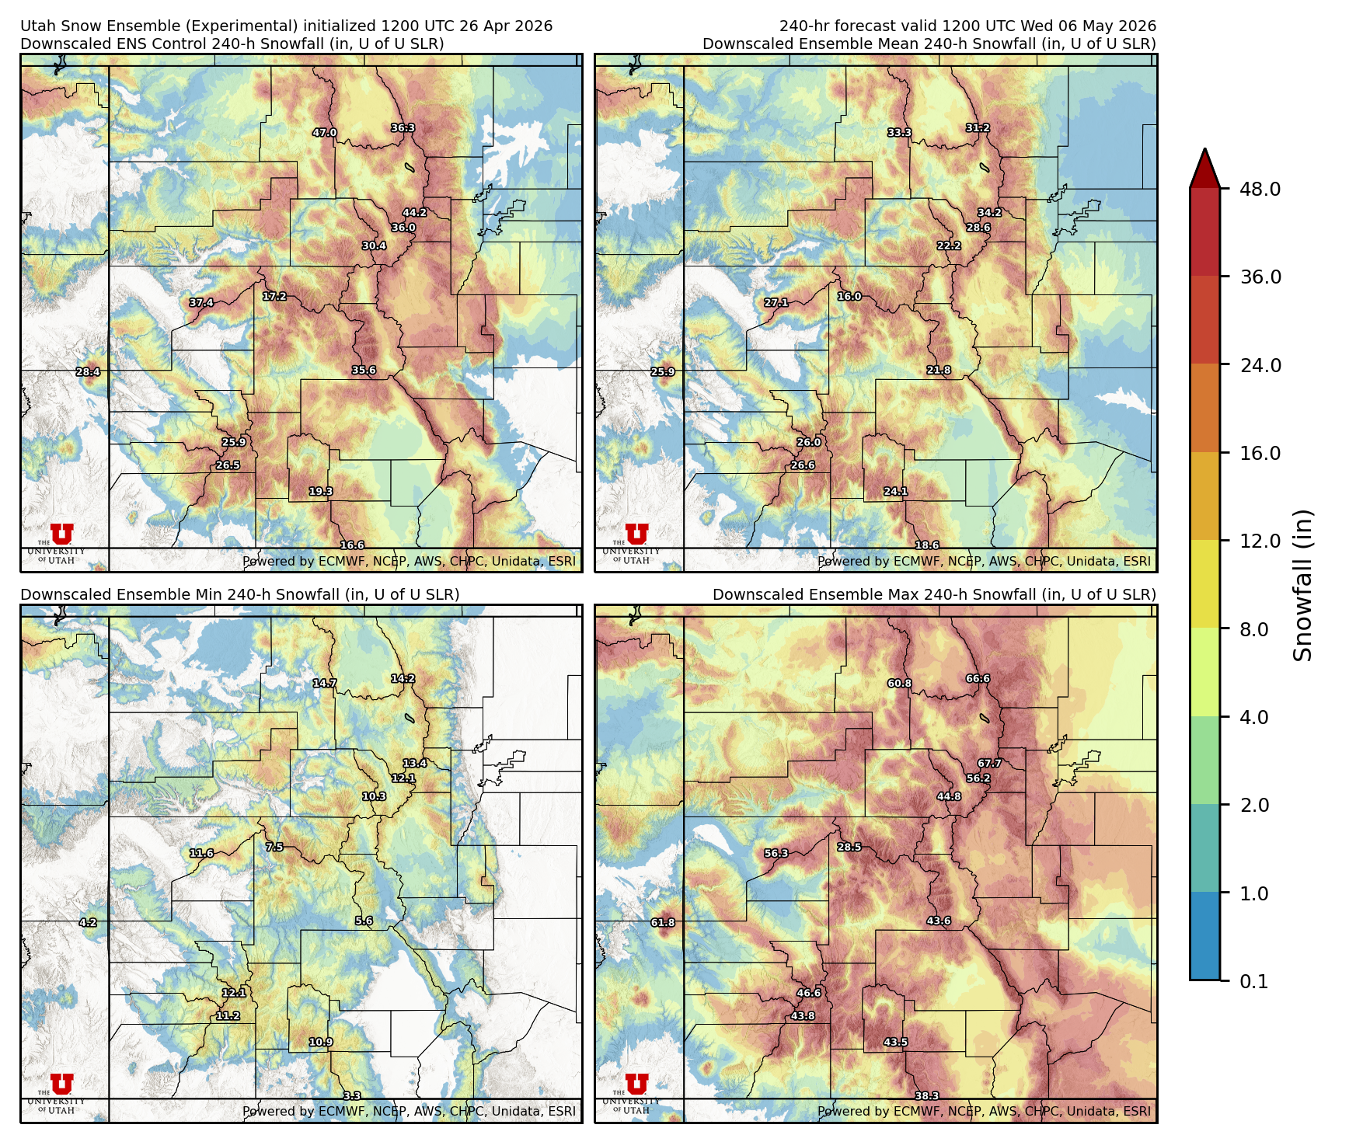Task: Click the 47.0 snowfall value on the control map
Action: click(325, 133)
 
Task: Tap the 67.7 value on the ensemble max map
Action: click(989, 763)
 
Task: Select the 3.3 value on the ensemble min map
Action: click(352, 1095)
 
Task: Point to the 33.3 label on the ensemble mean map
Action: click(900, 133)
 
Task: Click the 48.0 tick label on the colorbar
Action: click(1260, 189)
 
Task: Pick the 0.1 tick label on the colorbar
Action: click(1253, 981)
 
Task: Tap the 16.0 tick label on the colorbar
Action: click(1260, 453)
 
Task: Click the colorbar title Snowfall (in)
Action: click(1303, 584)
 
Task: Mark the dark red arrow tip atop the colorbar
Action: click(1204, 165)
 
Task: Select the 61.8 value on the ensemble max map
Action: click(663, 922)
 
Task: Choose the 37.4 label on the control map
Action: click(201, 302)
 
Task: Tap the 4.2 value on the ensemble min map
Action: click(88, 922)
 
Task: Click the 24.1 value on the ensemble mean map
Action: click(895, 491)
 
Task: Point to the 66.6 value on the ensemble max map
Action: click(978, 678)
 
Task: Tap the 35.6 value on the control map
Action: click(364, 370)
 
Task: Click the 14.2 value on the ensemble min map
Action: click(403, 678)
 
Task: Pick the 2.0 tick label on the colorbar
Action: click(1260, 805)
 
